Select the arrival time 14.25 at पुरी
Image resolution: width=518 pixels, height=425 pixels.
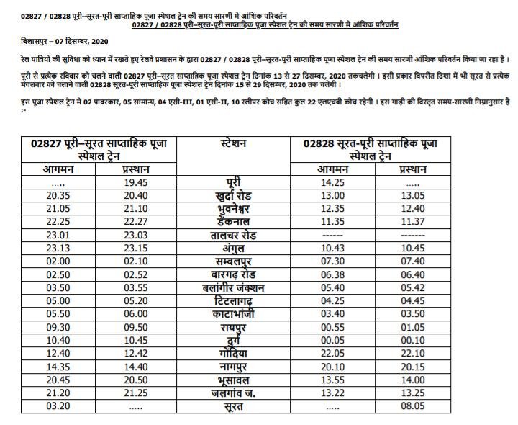[333, 183]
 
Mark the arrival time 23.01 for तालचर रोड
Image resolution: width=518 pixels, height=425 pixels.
[56, 235]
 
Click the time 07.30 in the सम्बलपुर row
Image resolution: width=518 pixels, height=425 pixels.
[333, 261]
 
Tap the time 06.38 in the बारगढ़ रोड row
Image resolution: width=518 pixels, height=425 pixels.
[333, 274]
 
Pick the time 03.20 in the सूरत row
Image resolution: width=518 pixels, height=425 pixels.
[56, 408]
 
